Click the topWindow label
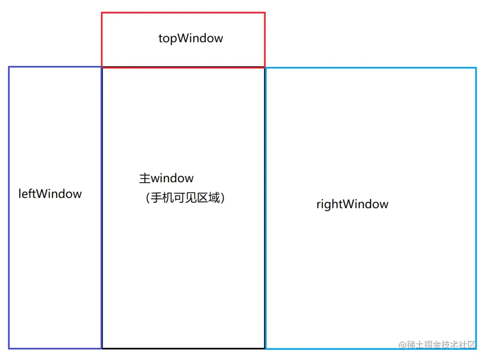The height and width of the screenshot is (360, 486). [191, 38]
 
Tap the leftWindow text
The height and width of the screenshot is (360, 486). [50, 194]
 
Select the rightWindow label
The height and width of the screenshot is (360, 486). [352, 204]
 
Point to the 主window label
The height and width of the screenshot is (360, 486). [166, 179]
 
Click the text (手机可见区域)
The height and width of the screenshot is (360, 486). [185, 198]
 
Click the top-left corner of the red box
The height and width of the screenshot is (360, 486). [102, 13]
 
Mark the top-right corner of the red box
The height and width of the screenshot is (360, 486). [264, 13]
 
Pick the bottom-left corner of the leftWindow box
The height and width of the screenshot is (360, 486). [9, 348]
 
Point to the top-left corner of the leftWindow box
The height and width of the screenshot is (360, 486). [9, 67]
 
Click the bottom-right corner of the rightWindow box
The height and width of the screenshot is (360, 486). [476, 348]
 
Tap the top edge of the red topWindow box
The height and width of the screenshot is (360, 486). [183, 13]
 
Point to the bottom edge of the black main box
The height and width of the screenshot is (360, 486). [183, 348]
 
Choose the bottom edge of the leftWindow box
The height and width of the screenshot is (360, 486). [55, 348]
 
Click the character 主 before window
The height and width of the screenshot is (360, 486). [145, 179]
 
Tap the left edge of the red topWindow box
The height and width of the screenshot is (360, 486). [102, 40]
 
